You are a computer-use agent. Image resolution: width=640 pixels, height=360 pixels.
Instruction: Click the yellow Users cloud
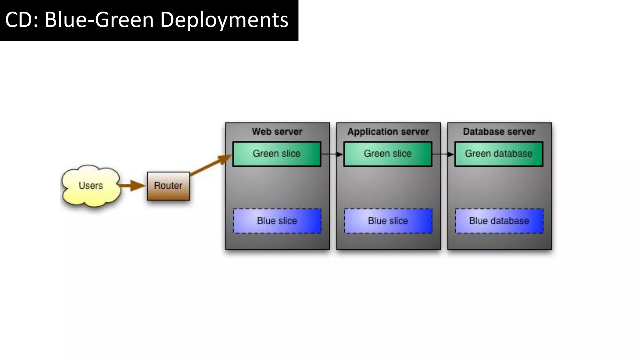coord(91,186)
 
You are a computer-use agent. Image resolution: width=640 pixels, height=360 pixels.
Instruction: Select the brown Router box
coord(168,186)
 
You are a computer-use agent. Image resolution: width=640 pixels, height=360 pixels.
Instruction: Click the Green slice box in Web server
coord(277,154)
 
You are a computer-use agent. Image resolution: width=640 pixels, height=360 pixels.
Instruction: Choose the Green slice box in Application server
coord(388,154)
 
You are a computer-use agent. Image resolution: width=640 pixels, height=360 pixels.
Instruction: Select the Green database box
coord(499,154)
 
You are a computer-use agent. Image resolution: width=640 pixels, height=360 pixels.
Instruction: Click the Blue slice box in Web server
coord(277,221)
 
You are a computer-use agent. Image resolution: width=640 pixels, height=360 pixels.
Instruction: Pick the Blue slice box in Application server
coord(388,221)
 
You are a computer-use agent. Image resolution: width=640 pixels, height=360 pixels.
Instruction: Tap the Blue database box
coord(499,221)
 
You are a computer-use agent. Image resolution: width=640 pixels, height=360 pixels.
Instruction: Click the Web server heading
coord(277,132)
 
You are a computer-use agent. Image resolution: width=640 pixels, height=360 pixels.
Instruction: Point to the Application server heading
coord(388,132)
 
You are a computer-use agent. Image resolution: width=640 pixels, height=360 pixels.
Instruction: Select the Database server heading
coord(499,132)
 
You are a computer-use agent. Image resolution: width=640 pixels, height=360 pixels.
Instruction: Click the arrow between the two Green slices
coord(332,154)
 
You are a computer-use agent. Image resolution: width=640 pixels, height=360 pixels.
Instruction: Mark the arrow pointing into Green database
coord(443,154)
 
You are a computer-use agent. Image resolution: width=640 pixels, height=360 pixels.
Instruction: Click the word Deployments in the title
coord(224,20)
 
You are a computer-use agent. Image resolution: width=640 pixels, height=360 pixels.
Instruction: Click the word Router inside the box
coord(168,186)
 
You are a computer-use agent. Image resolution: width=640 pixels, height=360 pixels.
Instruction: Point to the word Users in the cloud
coord(91,186)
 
